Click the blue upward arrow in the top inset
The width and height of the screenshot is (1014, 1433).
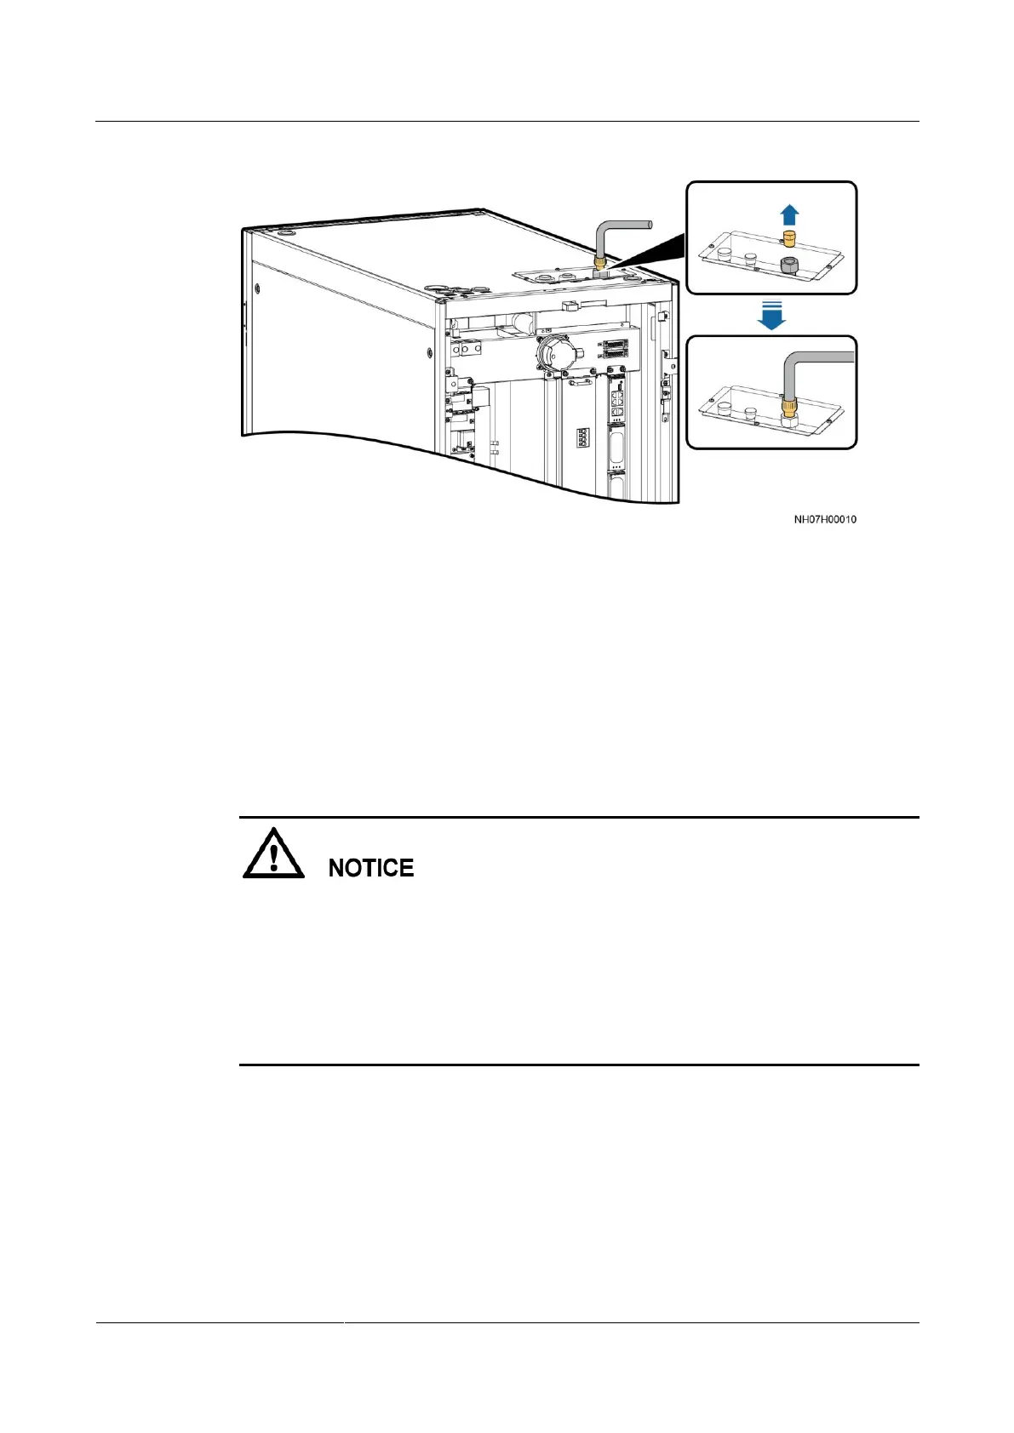(x=789, y=214)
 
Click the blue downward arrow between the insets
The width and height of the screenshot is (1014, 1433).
(x=771, y=314)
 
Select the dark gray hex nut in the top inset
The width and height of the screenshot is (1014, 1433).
(x=789, y=265)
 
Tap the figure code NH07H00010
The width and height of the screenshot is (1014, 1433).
(x=825, y=519)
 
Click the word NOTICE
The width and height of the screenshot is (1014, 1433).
(x=371, y=868)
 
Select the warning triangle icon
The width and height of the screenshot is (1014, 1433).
(x=273, y=854)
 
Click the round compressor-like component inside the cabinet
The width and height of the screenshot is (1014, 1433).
(x=554, y=351)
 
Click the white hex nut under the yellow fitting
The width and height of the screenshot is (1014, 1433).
(x=789, y=422)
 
